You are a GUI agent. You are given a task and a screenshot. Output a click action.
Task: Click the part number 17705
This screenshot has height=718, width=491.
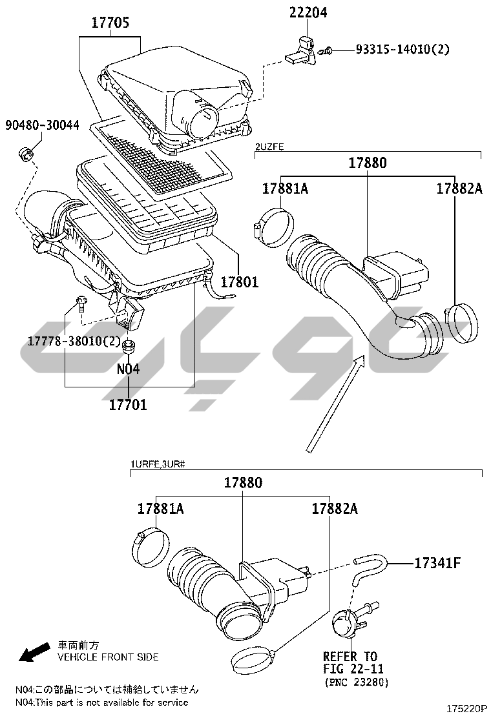point(110,23)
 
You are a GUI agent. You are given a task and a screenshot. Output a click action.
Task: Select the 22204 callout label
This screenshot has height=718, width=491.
point(308,12)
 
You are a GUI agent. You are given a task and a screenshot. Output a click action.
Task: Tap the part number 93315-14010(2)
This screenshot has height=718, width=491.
point(402,49)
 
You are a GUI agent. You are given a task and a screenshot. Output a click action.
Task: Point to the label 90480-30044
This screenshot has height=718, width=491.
point(42,125)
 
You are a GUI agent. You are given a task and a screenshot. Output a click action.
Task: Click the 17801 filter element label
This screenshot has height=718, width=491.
point(240,282)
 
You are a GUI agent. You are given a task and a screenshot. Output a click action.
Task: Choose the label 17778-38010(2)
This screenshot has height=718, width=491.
point(74,341)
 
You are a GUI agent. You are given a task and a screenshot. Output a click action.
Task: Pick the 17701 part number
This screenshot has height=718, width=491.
point(129,404)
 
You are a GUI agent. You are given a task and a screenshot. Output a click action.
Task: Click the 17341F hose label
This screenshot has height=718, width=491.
point(437,563)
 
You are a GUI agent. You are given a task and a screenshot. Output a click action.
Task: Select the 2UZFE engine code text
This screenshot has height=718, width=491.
point(269,147)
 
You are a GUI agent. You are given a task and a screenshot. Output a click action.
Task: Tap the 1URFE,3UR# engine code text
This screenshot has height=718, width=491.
point(158,464)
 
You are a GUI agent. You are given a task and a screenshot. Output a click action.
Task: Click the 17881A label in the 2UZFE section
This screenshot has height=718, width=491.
point(285,189)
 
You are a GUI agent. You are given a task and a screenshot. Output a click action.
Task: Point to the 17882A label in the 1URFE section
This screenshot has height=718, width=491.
point(335,509)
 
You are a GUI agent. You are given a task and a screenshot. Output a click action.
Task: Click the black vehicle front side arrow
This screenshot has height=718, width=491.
point(34,651)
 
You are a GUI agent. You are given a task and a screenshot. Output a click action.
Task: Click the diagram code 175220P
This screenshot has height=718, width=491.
point(466,708)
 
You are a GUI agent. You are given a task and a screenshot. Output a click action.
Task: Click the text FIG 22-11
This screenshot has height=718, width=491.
point(353,669)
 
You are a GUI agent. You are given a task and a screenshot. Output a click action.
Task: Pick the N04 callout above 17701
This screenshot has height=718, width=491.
point(129,369)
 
